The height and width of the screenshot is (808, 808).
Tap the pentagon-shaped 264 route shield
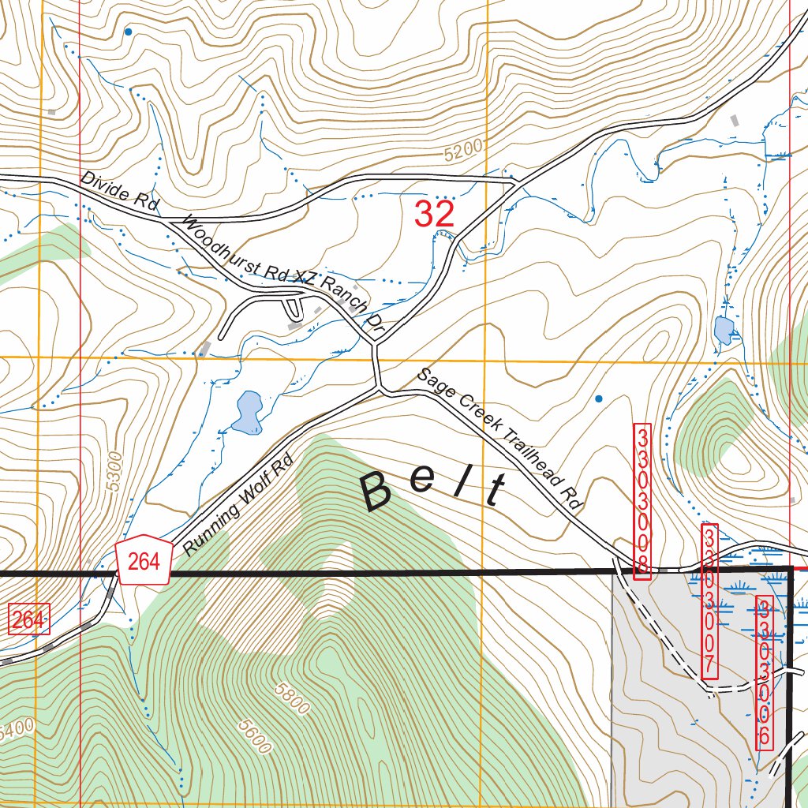pos(144,561)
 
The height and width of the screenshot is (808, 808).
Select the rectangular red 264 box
pos(28,619)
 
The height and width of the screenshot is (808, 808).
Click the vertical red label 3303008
pos(643,502)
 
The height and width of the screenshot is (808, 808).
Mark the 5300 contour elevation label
pos(115,471)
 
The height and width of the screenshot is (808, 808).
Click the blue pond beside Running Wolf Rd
pos(248,413)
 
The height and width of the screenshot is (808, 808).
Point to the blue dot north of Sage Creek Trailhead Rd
pos(598,398)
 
